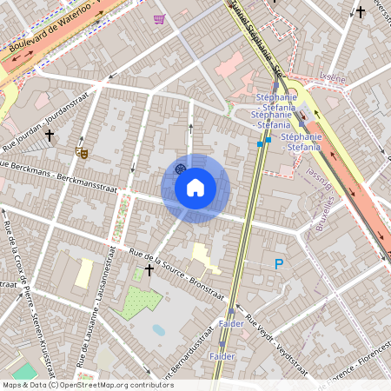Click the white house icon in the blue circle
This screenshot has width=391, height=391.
click(195, 188)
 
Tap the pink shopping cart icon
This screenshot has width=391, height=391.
click(159, 19)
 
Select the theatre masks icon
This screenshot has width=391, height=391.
click(83, 151)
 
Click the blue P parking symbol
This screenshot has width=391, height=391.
click(279, 264)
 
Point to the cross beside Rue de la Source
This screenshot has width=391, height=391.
click(149, 270)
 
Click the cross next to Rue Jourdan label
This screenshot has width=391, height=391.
click(50, 136)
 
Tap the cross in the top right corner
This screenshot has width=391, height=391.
click(360, 12)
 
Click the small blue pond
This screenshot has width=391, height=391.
click(158, 330)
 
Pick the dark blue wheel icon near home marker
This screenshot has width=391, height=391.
click(180, 169)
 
